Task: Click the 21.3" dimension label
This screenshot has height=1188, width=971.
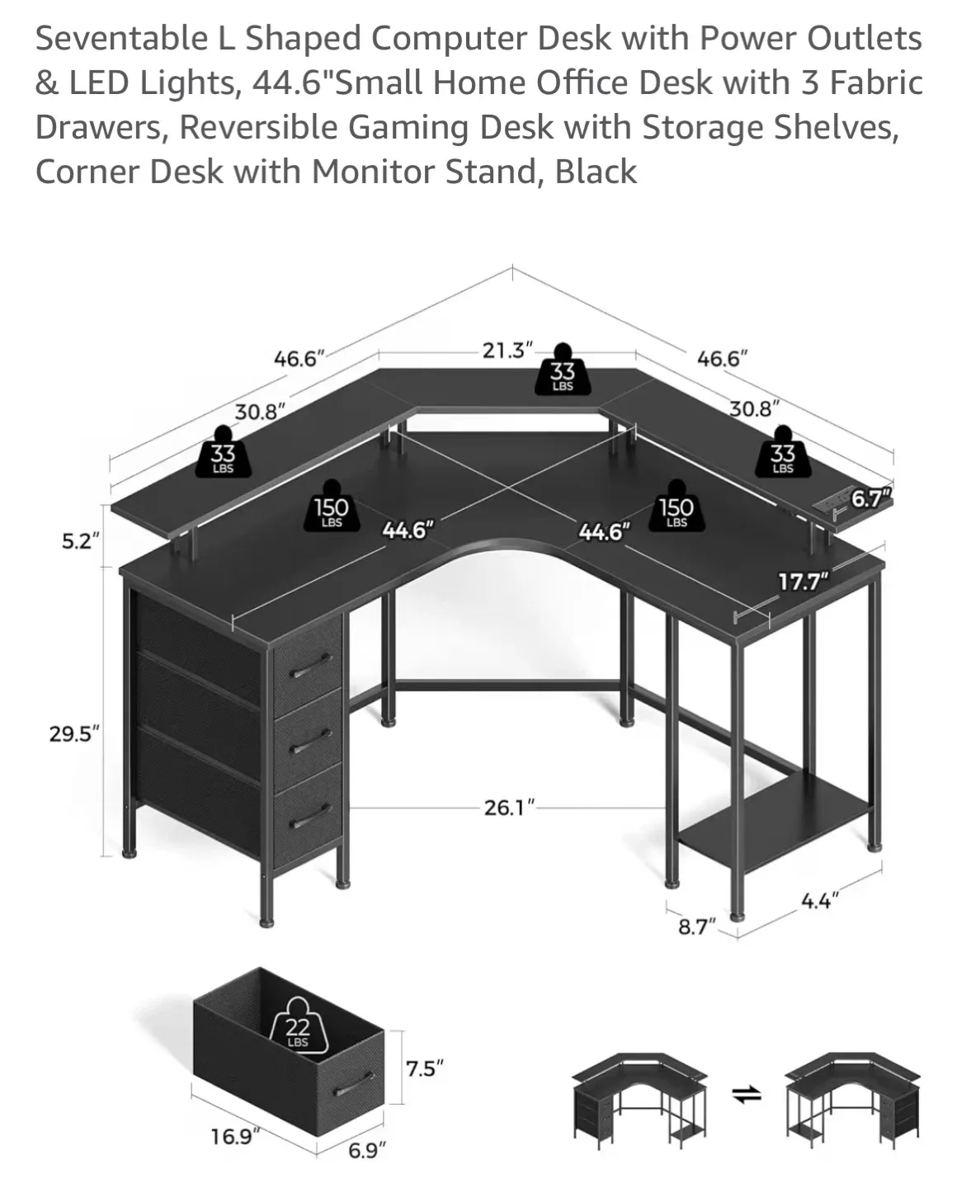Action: click(x=507, y=351)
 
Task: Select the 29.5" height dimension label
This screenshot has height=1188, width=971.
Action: click(x=74, y=733)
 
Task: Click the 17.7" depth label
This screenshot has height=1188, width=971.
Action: click(x=803, y=582)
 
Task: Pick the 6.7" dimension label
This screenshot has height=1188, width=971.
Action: click(x=871, y=498)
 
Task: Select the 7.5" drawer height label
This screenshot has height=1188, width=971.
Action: click(x=425, y=1068)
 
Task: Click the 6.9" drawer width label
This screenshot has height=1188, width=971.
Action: click(x=365, y=1150)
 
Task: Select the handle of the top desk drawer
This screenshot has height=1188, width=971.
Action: click(x=308, y=667)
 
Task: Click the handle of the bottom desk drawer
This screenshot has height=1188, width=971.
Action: click(x=308, y=816)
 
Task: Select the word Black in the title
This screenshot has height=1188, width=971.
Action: click(x=596, y=172)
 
